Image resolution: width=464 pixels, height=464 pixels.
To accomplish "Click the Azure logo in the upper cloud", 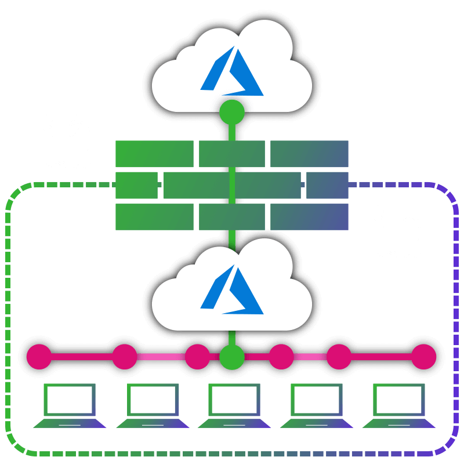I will pos(232,72).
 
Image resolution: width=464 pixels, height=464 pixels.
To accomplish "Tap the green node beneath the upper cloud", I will pos(232,112).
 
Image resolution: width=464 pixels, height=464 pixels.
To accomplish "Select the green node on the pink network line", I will pos(232,357).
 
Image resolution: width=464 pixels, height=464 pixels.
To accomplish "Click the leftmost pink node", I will pos(39,357).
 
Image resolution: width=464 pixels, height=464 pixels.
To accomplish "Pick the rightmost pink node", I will pos(423,357).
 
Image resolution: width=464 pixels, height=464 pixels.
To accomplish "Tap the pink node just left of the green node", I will pos(197,357).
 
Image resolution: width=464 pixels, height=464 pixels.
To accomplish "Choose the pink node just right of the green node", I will pos(281,357).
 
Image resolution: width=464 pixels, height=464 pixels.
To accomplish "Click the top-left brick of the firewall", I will pos(154,154).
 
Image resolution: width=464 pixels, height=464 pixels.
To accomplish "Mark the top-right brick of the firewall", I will pos(309,154).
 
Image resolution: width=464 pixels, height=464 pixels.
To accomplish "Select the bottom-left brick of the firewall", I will pos(154,217).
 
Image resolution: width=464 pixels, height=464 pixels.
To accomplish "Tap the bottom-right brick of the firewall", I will pos(309,217).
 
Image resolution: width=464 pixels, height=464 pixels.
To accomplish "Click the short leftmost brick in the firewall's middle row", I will pos(136,185).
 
